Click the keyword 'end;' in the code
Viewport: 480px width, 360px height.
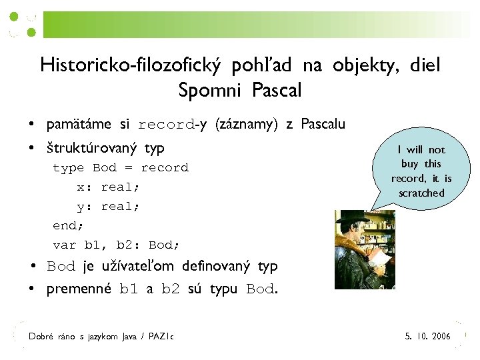(66, 225)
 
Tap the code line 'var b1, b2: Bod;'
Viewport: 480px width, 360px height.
(117, 245)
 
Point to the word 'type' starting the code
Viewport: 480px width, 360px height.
(69, 168)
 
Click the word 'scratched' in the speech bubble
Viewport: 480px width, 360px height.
(421, 193)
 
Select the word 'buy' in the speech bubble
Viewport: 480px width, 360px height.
(409, 164)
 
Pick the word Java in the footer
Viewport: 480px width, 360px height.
(129, 337)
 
